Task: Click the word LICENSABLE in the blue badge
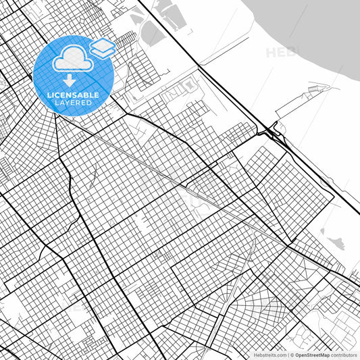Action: (72, 95)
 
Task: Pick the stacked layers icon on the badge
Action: (102, 47)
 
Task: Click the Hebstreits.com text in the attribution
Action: (269, 355)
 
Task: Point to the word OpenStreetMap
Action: (311, 355)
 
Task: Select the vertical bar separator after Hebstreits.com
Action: (286, 355)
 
